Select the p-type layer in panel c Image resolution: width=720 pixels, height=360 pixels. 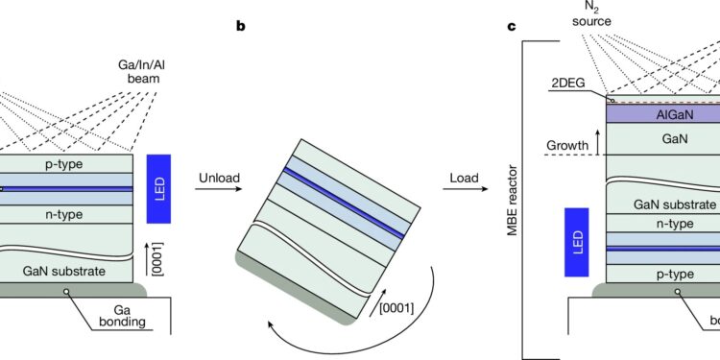(x=662, y=275)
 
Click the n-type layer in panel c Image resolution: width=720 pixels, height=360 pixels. (x=662, y=223)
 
